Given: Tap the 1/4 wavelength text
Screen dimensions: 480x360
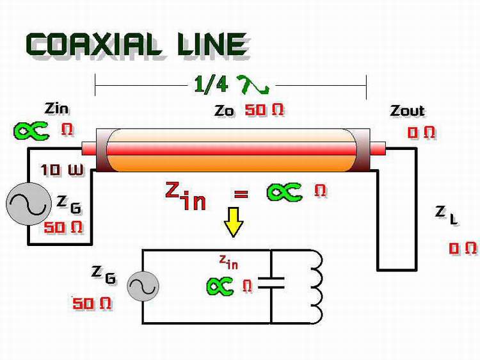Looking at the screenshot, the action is click(x=211, y=84).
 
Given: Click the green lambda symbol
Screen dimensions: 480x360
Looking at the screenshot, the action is click(x=253, y=85).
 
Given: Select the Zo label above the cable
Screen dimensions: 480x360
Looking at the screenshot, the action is click(x=224, y=111).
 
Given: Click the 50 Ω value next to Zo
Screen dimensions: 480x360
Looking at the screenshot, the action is click(x=264, y=110).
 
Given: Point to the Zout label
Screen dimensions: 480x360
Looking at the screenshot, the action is click(x=407, y=111).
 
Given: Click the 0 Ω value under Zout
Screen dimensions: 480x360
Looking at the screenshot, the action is click(x=421, y=133).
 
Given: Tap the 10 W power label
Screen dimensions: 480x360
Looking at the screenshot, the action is click(x=62, y=170).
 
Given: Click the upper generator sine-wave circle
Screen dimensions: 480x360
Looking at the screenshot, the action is click(x=29, y=204).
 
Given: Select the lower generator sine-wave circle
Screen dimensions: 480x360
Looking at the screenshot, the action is click(x=143, y=286).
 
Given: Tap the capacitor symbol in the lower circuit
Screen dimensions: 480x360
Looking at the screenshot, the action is click(x=271, y=282).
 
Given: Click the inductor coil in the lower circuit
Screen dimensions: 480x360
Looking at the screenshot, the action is click(x=317, y=287).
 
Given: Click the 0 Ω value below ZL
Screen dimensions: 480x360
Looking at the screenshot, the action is click(x=463, y=248).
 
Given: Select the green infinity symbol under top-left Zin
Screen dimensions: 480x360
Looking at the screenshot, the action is click(x=31, y=131).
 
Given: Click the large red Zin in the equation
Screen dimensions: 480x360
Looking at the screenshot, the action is click(x=186, y=196).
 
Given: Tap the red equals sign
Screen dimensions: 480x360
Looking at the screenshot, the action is click(x=241, y=193).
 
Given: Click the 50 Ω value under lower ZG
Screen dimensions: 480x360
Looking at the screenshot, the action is click(x=92, y=304).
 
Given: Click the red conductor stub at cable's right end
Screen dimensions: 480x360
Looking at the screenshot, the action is click(x=378, y=148).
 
